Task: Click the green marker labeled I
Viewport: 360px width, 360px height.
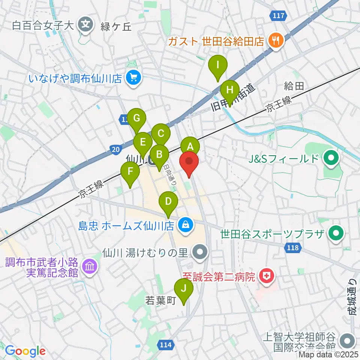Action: coord(218,65)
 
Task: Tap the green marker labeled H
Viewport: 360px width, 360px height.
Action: coord(230,91)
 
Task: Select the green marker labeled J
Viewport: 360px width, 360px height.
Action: coord(184,289)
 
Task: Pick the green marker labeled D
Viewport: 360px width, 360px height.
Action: coord(169,202)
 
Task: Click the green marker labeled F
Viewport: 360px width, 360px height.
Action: coord(130,172)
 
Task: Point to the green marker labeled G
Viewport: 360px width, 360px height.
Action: coord(137,119)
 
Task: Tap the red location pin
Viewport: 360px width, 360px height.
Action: coord(189,162)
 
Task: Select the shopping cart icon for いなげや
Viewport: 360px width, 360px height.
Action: coord(133,78)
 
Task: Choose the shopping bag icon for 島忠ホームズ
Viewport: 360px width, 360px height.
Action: coord(185,225)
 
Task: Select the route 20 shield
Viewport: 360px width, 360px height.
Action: coord(116,150)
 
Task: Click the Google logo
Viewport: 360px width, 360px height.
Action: coord(25,351)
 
